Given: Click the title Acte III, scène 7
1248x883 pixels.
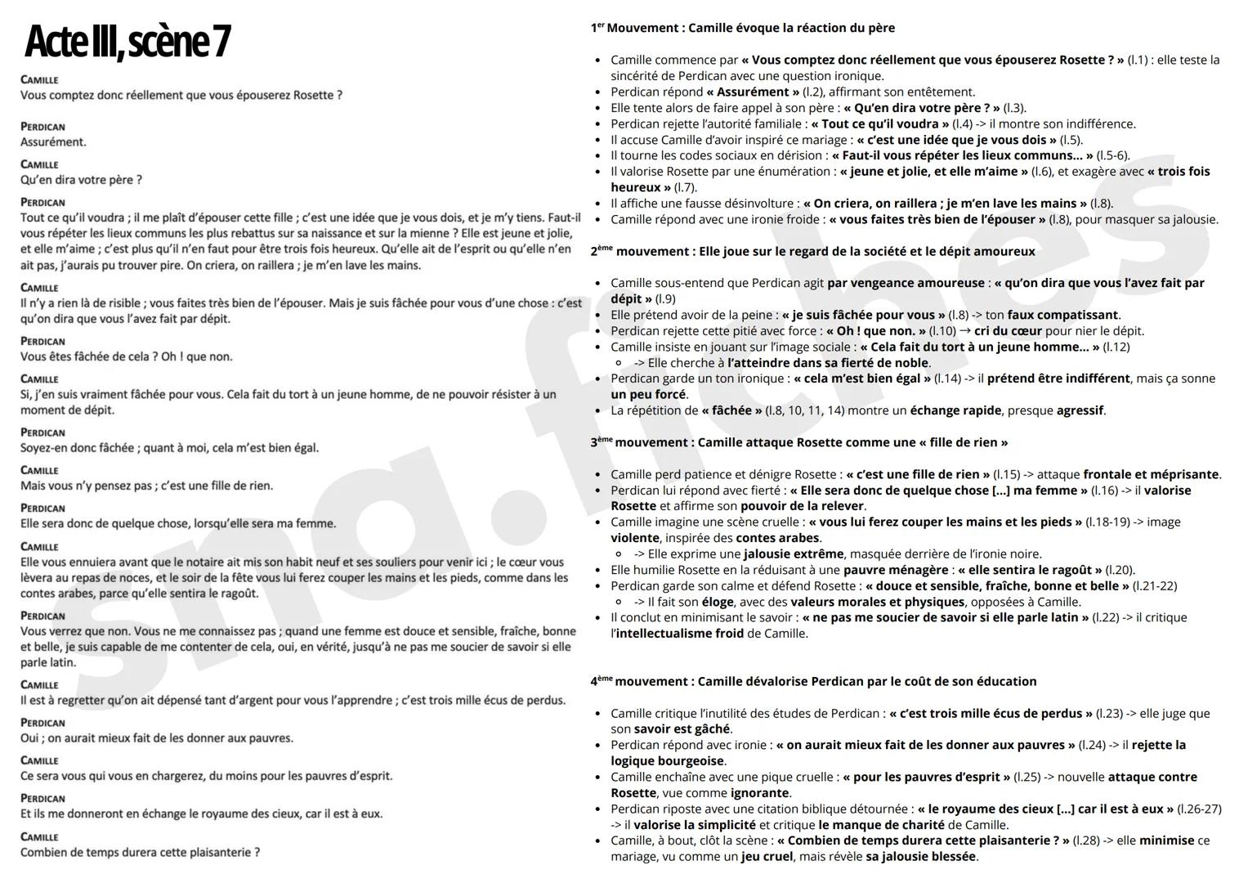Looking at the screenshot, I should click(x=127, y=43).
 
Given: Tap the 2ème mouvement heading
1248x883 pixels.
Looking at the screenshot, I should click(x=812, y=252).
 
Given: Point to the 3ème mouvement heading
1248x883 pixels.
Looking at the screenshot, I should click(x=798, y=442).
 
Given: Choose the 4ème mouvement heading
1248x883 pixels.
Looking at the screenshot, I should click(x=813, y=681).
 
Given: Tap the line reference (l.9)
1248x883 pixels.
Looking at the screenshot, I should click(x=665, y=299).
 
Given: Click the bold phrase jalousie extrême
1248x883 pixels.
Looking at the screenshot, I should click(x=793, y=554).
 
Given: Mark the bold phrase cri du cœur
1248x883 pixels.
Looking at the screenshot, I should click(x=1008, y=331).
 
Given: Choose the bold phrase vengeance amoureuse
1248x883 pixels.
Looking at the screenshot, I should click(x=906, y=283).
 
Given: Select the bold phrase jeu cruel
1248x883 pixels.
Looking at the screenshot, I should click(x=767, y=857).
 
